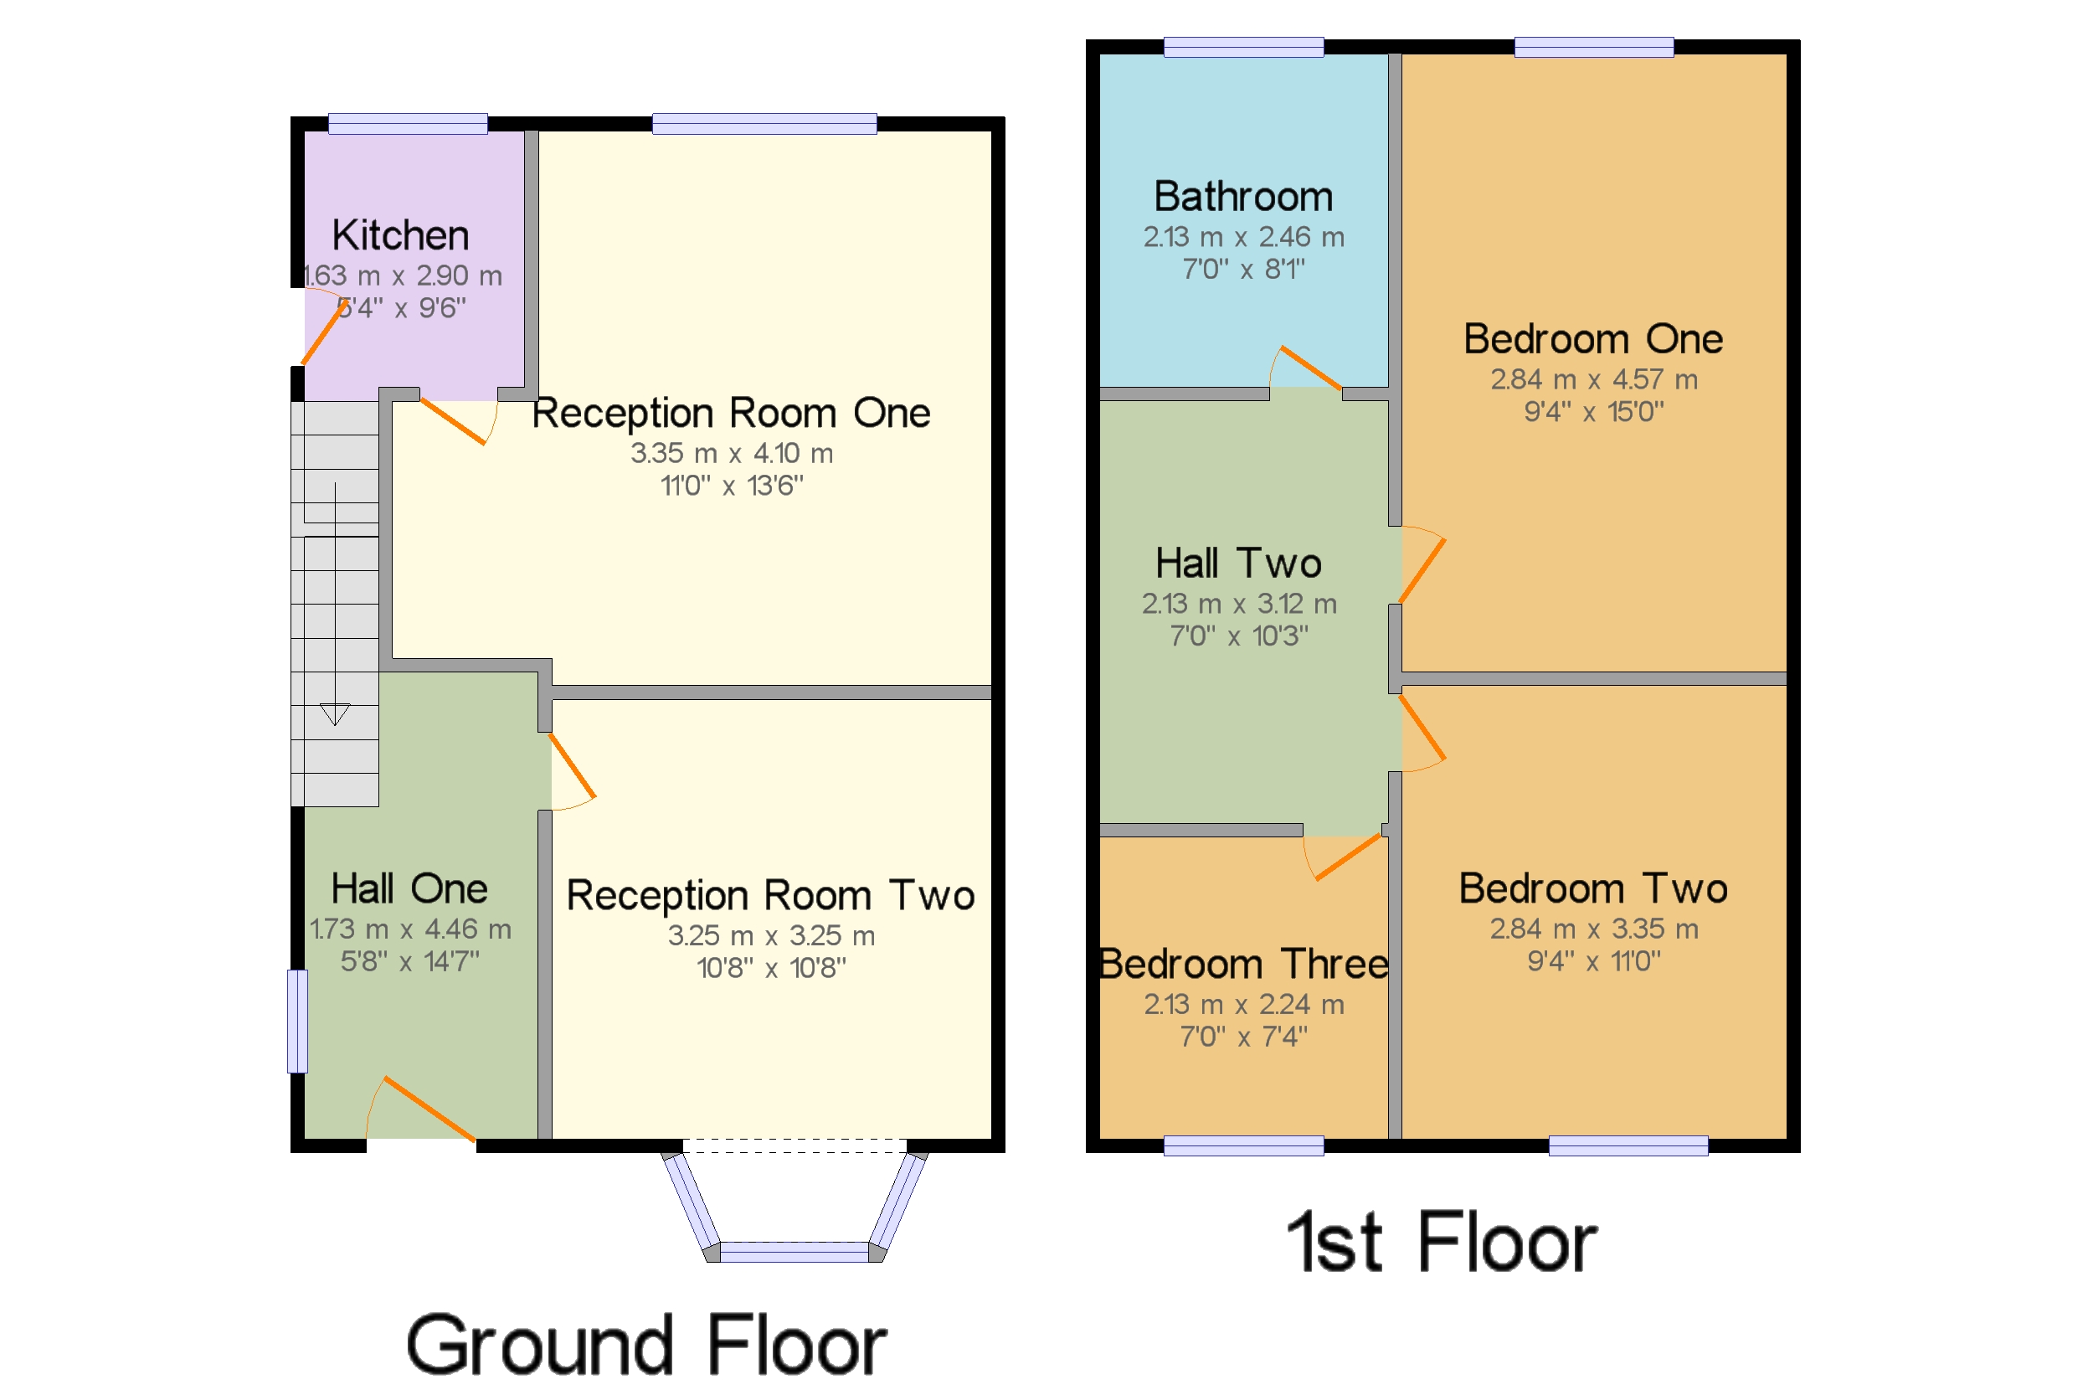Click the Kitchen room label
(x=400, y=236)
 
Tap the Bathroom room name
(x=1242, y=197)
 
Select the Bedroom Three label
(x=1242, y=965)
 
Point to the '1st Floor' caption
(x=1441, y=1243)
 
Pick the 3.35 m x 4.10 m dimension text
(x=731, y=454)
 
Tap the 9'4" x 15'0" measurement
(x=1593, y=412)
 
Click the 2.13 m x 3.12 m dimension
(x=1239, y=604)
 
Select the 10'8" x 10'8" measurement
(x=771, y=968)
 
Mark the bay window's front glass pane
(x=794, y=1252)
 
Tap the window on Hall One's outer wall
(x=298, y=1021)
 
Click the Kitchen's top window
(x=408, y=124)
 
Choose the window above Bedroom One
(x=1593, y=47)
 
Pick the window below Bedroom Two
(x=1628, y=1145)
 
